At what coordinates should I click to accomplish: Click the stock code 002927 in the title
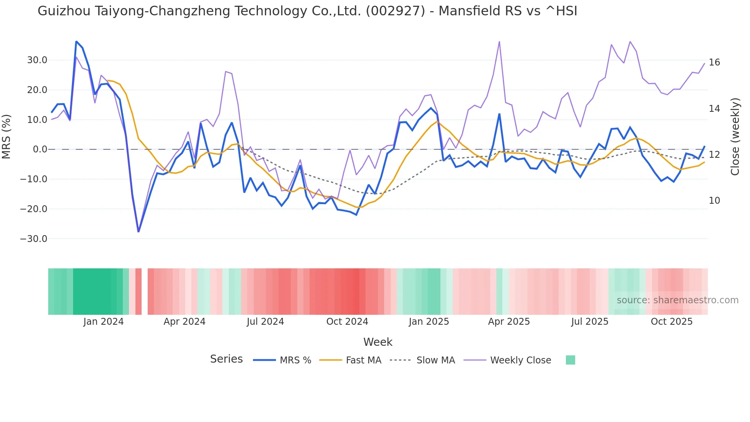[395, 11]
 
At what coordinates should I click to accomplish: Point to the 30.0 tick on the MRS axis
[37, 60]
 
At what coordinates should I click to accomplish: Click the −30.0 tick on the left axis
[34, 239]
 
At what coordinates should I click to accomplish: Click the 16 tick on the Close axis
[714, 62]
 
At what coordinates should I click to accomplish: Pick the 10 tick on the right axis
[714, 201]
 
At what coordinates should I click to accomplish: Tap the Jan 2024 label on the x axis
[103, 322]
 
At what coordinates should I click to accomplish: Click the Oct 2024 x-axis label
[347, 322]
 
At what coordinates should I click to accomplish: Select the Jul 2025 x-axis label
[590, 322]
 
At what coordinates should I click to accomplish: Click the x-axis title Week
[378, 342]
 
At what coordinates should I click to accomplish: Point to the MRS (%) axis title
[7, 137]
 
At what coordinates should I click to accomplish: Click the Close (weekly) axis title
[735, 137]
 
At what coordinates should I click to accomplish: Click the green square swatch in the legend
[570, 360]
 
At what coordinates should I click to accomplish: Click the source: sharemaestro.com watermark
[677, 300]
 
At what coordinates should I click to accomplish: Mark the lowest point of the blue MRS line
[139, 232]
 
